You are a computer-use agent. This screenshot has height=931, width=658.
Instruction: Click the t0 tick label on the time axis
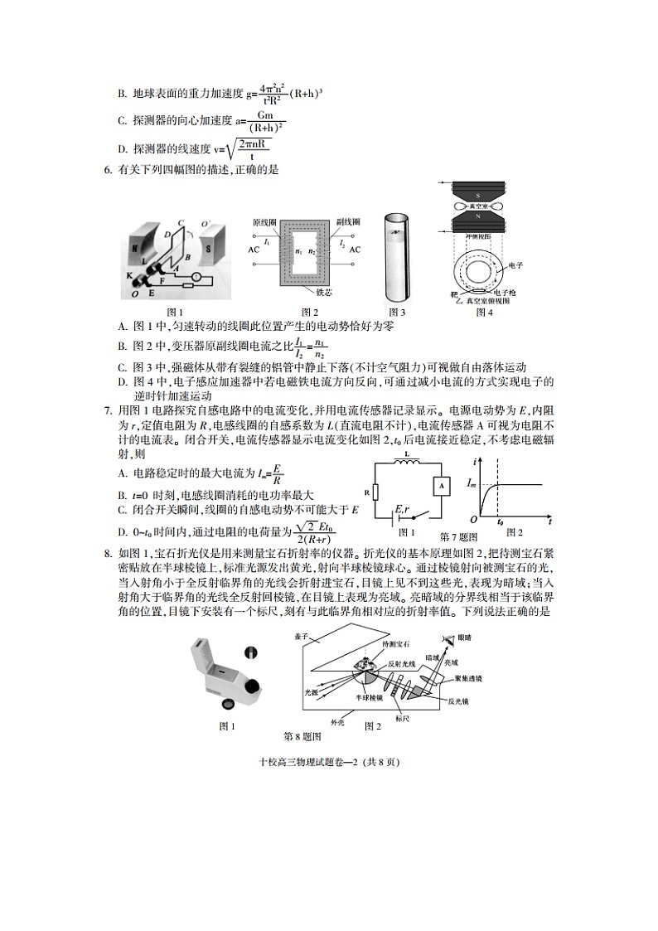[500, 523]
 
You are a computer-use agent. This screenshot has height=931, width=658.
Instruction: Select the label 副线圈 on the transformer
[347, 223]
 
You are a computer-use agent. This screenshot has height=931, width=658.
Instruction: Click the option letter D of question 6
[122, 382]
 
